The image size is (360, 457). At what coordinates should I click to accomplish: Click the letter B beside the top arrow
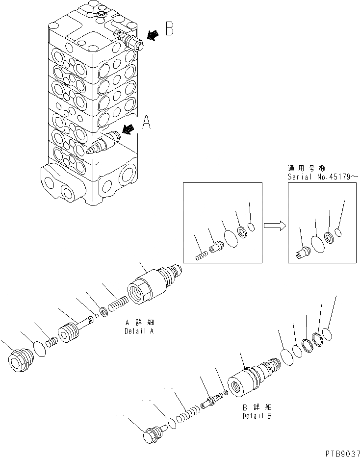point(169,29)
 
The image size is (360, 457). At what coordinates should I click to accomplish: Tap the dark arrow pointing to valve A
point(129,129)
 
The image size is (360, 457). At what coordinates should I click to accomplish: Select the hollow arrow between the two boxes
point(275,225)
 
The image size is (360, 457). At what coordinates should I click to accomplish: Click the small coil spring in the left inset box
point(200,255)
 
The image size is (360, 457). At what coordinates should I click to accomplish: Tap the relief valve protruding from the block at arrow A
point(101,144)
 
